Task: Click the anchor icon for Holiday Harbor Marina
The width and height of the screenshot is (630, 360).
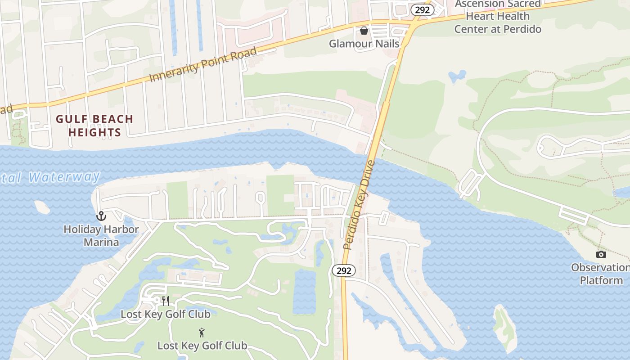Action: [101, 216]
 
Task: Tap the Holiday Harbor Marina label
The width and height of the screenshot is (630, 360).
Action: [101, 235]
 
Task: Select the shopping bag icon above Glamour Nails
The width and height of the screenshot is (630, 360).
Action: [364, 31]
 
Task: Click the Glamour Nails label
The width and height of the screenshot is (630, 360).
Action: [364, 44]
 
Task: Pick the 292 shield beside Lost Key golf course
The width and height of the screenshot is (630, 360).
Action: [344, 270]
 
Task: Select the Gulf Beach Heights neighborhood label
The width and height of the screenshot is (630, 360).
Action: [94, 126]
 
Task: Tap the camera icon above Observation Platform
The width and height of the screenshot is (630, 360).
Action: [601, 255]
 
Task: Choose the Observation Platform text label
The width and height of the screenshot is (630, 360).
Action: [601, 274]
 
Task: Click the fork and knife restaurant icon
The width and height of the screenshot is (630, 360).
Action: [166, 301]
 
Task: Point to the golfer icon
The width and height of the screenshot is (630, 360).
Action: [202, 333]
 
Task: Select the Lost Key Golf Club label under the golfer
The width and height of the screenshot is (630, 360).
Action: [202, 346]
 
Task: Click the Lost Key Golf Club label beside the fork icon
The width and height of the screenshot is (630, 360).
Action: [166, 314]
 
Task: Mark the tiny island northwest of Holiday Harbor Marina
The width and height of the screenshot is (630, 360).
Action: [42, 207]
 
